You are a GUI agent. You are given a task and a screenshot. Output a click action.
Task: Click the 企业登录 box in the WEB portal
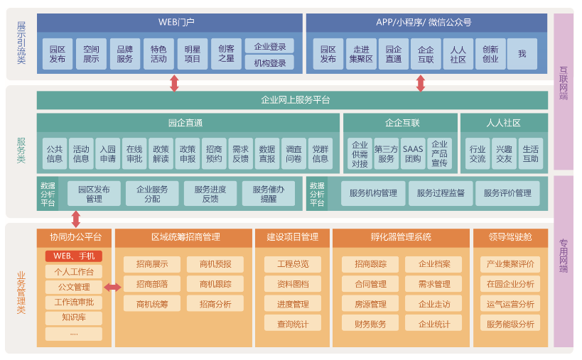click(269, 47)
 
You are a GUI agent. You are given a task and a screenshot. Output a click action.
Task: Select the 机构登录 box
click(269, 63)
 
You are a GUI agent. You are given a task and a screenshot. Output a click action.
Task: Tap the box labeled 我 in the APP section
click(522, 54)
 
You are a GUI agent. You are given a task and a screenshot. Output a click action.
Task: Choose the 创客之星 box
click(226, 54)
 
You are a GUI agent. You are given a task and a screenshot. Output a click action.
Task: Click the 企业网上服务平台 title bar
click(292, 100)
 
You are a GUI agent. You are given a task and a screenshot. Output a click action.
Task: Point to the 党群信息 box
click(320, 153)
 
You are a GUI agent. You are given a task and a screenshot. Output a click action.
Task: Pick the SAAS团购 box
click(412, 153)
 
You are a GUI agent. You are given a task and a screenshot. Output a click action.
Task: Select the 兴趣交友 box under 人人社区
click(504, 153)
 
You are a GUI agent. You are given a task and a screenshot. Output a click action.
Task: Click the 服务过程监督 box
click(441, 193)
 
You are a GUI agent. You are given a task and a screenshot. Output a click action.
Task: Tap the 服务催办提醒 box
click(269, 193)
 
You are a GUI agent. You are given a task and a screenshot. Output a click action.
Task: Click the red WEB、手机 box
click(74, 256)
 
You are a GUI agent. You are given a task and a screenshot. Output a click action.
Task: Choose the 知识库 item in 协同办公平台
click(74, 317)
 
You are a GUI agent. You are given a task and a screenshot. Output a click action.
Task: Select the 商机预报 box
click(215, 264)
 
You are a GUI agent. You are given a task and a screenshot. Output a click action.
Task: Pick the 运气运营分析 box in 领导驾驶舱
click(510, 304)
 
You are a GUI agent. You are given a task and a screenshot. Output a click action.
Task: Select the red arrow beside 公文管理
click(112, 287)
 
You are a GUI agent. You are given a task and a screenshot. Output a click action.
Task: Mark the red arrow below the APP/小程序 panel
click(421, 83)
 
